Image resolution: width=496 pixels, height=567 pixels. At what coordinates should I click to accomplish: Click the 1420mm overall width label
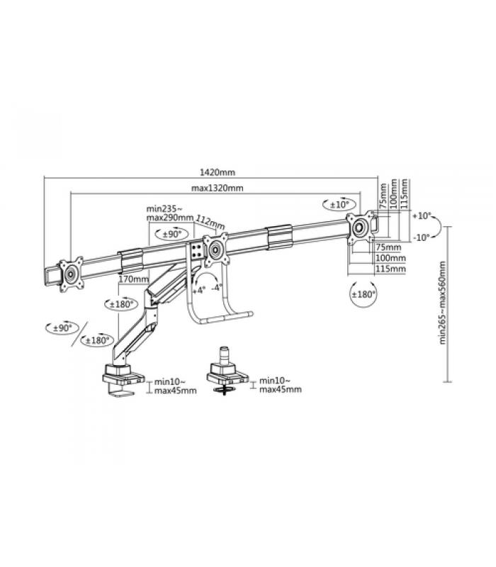[218, 172]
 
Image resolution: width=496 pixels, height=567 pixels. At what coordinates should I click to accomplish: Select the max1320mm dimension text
[218, 188]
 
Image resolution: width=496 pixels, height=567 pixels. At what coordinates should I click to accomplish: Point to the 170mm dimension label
[134, 279]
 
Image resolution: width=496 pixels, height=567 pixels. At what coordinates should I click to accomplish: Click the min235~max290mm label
[170, 213]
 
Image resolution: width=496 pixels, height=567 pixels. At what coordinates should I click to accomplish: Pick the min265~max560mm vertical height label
[443, 303]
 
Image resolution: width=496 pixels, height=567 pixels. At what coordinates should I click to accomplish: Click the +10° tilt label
[422, 216]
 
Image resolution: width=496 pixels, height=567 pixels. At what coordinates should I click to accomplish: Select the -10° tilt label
[421, 237]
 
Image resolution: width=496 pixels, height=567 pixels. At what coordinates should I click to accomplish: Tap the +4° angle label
[199, 290]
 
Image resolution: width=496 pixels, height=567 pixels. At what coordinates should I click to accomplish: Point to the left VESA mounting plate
[72, 274]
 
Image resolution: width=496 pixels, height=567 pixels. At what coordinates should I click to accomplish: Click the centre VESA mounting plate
[215, 250]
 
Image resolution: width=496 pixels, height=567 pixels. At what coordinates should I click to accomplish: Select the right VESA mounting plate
[360, 228]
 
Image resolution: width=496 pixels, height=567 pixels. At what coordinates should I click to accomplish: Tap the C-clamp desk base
[123, 379]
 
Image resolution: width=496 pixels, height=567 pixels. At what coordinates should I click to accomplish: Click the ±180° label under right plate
[363, 294]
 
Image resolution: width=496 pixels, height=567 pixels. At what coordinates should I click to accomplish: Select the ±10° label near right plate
[339, 205]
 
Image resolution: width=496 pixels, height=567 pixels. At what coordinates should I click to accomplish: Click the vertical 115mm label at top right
[404, 193]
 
